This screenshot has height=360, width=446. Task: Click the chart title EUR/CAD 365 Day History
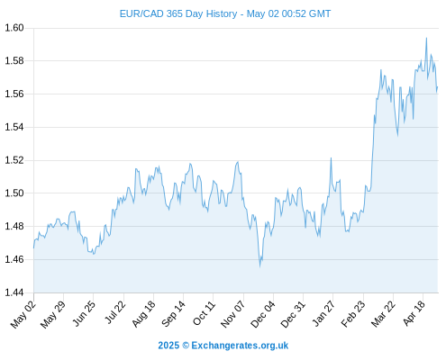point(178,13)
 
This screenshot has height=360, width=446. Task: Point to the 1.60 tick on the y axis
point(14,28)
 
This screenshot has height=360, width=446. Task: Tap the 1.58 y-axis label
point(14,61)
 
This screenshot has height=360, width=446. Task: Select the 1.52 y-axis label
point(14,160)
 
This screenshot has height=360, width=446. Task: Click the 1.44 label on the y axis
point(14,292)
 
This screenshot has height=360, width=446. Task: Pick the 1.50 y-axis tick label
point(14,193)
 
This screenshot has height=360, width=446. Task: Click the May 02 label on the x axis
point(23,314)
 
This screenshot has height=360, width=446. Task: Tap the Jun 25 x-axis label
point(84,313)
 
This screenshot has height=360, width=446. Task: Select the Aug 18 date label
point(143,314)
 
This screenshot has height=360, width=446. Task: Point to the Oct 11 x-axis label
point(204,313)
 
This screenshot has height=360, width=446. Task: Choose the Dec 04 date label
point(263,314)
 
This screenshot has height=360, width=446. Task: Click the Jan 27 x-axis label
point(323,313)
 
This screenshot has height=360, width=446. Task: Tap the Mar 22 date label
point(383,314)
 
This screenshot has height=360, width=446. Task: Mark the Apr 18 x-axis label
point(414,313)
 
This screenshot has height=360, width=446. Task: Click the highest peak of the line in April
point(426,38)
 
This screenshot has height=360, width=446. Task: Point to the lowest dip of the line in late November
point(260,266)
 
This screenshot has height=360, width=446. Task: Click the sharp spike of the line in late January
point(331,157)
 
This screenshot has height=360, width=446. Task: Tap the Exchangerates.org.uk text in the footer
point(240,346)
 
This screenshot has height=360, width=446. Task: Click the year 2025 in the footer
point(168,346)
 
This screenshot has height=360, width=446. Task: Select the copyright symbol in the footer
point(186,346)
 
